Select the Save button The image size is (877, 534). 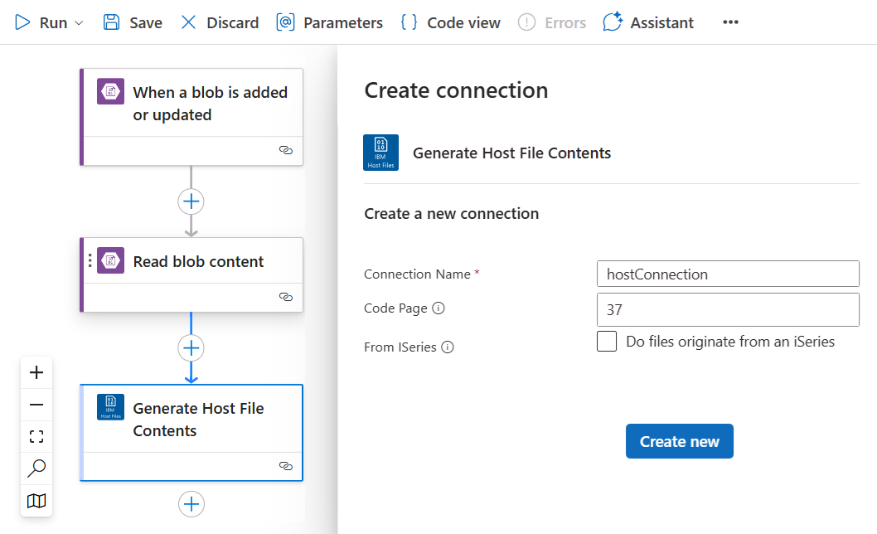click(x=133, y=22)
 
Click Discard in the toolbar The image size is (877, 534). click(x=220, y=22)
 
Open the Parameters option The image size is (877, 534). click(x=329, y=22)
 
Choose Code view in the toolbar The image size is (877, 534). click(x=451, y=22)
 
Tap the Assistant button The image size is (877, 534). click(x=648, y=22)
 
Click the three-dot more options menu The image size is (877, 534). click(x=730, y=22)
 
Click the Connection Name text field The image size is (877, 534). click(x=728, y=274)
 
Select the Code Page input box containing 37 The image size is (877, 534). click(x=728, y=309)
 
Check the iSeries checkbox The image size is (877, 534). click(x=607, y=341)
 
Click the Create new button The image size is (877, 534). click(x=680, y=441)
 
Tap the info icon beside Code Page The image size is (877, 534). click(x=438, y=308)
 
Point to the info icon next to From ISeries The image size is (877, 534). click(x=448, y=347)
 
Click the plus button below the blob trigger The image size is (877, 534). click(x=191, y=201)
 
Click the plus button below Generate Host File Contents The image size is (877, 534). click(x=191, y=504)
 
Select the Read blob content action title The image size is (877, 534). click(x=198, y=261)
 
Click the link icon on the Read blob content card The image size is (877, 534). click(x=286, y=297)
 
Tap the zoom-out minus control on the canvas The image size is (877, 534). click(x=36, y=405)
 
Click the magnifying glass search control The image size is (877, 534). click(x=36, y=468)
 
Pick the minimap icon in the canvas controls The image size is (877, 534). click(x=36, y=500)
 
